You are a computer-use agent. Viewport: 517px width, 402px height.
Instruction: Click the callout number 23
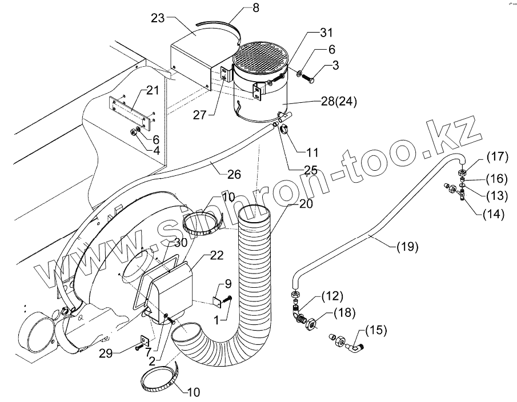(x=158, y=18)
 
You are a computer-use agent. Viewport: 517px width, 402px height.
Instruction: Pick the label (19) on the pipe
(x=406, y=247)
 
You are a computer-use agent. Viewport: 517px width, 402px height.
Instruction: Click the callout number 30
(x=181, y=242)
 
